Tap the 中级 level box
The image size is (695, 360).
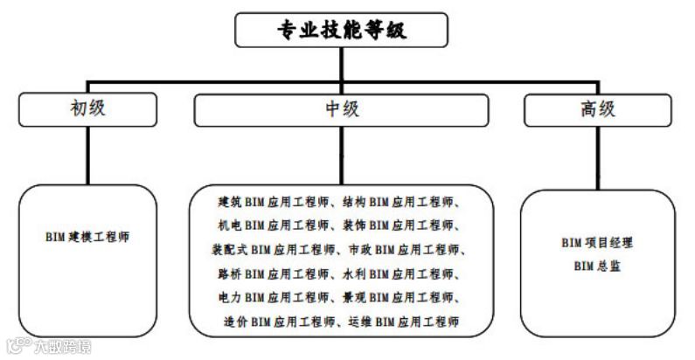coord(341,110)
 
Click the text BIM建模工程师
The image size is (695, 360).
coord(87,237)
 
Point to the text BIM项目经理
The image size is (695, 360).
coord(597,242)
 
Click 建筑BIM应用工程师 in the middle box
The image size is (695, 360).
coord(274,202)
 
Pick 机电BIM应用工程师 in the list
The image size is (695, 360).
coord(274,225)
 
